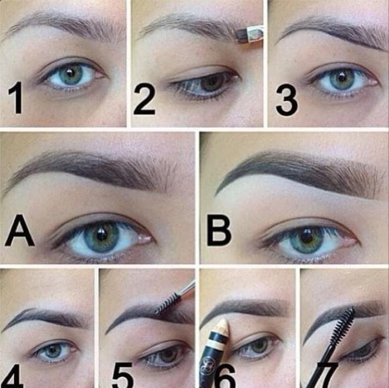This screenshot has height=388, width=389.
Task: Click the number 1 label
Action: pyautogui.click(x=16, y=98)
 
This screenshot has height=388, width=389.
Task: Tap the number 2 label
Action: pyautogui.click(x=144, y=99)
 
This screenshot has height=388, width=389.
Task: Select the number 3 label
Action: pyautogui.click(x=286, y=100)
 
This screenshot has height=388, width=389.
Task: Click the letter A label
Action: pyautogui.click(x=19, y=231)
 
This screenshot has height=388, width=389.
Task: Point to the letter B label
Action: pyautogui.click(x=219, y=231)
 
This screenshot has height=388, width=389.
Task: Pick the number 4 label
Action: pyautogui.click(x=12, y=376)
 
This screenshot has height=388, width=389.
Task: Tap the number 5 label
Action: pyautogui.click(x=123, y=376)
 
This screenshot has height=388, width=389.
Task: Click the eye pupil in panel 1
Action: pyautogui.click(x=71, y=74)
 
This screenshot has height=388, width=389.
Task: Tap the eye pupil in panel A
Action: pyautogui.click(x=101, y=236)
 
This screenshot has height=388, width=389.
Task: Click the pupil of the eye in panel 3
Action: pyautogui.click(x=343, y=77)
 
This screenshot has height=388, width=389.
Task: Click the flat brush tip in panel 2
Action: pyautogui.click(x=240, y=35)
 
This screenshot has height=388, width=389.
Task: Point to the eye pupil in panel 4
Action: pyautogui.click(x=52, y=350)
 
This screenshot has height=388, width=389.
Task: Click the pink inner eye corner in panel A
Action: pyautogui.click(x=144, y=239)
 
